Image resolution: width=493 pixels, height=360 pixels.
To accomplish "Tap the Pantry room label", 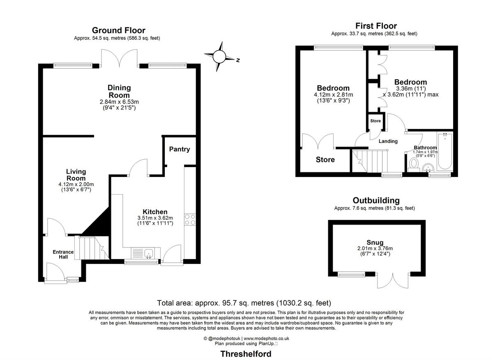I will (180, 149).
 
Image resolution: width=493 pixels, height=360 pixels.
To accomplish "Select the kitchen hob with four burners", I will (190, 220).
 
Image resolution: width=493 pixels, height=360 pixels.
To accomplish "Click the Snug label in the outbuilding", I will (374, 242).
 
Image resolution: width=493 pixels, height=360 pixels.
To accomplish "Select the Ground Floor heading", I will (118, 30).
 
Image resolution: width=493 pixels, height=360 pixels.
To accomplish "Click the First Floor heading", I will (376, 26).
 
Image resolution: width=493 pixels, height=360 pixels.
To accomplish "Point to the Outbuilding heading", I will (376, 200).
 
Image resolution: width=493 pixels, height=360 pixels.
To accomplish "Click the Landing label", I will (388, 141).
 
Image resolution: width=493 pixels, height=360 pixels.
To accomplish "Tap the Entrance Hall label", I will (63, 255).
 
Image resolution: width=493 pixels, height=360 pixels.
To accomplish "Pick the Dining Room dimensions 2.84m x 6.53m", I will (119, 102).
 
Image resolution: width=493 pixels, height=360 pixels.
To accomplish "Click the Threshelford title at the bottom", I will (246, 353).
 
